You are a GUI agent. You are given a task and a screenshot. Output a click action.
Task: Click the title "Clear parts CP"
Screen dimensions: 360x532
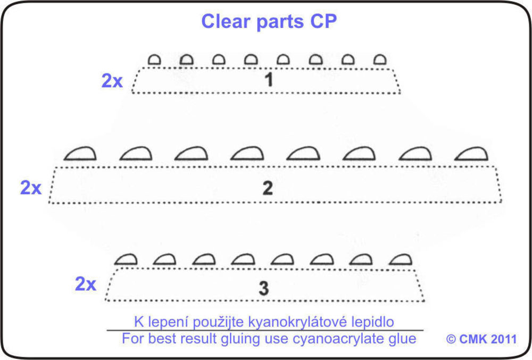(269, 21)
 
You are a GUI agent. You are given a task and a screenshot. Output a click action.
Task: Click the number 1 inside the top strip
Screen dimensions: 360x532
(269, 80)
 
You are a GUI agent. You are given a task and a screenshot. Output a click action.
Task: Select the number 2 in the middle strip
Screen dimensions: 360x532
(268, 188)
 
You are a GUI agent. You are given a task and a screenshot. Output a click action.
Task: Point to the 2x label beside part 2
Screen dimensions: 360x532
(31, 188)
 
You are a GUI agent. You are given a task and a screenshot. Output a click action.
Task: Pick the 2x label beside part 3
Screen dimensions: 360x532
(85, 284)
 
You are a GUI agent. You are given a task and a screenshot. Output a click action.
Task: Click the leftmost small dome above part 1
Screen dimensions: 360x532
(154, 60)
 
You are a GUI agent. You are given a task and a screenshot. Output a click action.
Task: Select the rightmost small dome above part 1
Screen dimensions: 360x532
(379, 60)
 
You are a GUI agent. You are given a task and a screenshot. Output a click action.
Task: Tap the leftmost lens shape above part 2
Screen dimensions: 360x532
(80, 154)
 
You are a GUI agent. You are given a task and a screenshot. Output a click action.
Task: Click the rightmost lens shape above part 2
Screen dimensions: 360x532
(472, 154)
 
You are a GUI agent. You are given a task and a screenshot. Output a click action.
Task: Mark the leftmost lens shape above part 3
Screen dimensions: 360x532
(127, 259)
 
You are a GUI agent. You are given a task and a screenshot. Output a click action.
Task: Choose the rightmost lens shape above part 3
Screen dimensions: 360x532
(401, 259)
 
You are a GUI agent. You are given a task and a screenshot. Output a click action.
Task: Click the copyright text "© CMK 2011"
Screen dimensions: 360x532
(481, 339)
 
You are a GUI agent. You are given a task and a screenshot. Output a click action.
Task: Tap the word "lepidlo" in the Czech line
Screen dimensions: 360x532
(375, 322)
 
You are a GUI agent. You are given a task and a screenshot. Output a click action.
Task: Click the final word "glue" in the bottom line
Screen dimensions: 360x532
(403, 339)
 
